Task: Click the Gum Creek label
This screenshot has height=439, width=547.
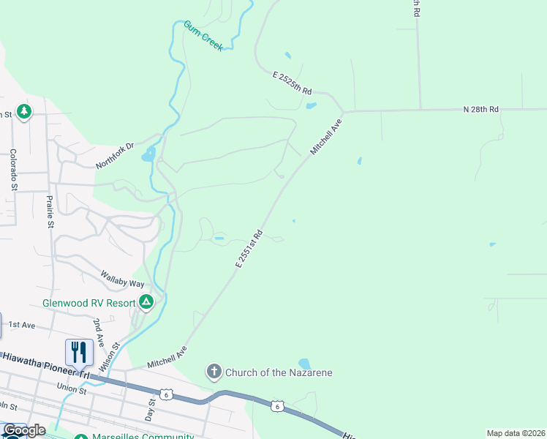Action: (x=203, y=35)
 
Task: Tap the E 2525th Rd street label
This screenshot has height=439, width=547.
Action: (x=293, y=83)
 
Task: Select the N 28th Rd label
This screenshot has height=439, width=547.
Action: (x=480, y=109)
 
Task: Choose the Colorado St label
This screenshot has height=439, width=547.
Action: (x=13, y=170)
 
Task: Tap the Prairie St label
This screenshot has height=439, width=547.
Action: (x=50, y=211)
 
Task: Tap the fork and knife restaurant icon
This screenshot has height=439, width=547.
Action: (x=79, y=352)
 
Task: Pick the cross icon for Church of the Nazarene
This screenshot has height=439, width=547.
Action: (x=214, y=372)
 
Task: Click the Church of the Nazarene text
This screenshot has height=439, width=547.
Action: (x=279, y=372)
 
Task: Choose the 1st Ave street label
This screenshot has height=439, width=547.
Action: (x=21, y=324)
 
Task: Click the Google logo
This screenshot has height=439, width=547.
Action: (x=23, y=430)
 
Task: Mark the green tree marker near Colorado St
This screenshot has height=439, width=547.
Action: (x=24, y=111)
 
